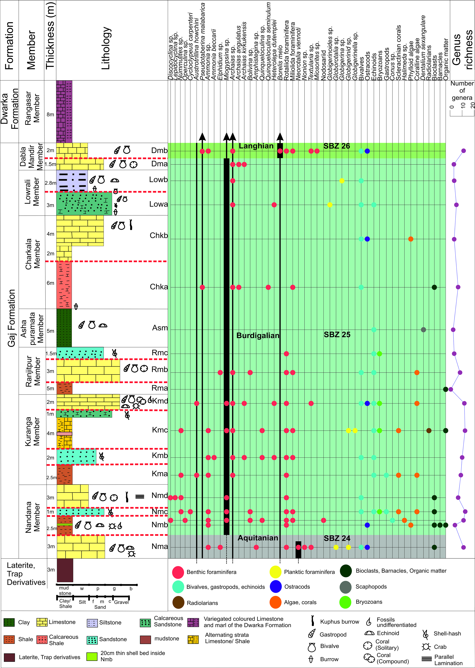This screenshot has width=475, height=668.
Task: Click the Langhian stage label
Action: [x=256, y=146]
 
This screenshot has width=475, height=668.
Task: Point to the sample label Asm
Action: [x=160, y=328]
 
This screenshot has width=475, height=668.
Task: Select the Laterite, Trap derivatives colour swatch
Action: [x=9, y=657]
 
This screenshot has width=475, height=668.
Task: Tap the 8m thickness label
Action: [x=50, y=114]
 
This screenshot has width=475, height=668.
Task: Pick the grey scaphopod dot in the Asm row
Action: [x=423, y=330]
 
